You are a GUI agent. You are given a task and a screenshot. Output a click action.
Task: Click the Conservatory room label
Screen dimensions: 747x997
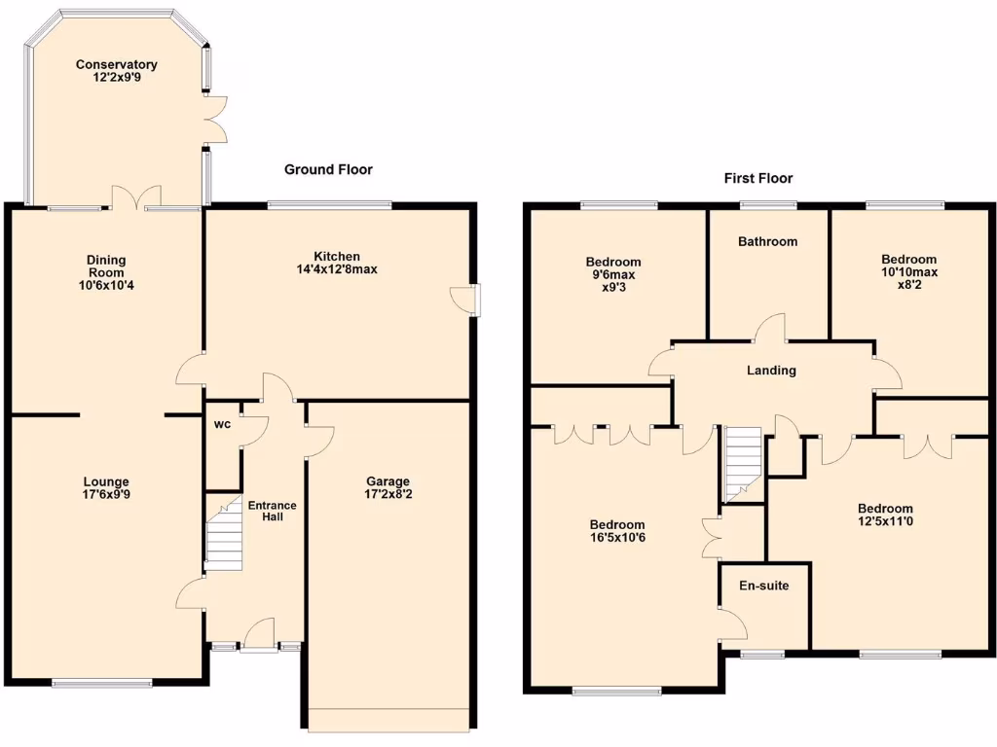[x=117, y=72]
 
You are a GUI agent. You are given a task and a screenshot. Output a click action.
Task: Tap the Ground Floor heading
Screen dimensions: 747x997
[x=328, y=169]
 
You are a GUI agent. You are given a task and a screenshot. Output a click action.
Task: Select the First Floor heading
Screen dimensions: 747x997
[x=758, y=178]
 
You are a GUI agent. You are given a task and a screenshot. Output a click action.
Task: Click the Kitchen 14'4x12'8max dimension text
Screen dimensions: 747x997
[x=337, y=269]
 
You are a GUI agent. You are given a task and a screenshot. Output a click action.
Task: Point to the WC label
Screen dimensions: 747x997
[x=221, y=424]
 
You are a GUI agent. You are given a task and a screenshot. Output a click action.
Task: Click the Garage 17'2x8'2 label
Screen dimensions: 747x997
[x=388, y=488]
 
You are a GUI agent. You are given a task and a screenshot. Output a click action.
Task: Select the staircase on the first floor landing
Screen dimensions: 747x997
[x=741, y=464]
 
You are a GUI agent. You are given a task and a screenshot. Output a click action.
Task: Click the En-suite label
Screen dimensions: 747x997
[x=764, y=586]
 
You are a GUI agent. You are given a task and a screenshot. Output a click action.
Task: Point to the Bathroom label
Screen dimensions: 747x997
[x=767, y=241]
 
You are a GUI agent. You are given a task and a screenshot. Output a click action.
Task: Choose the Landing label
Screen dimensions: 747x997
[x=771, y=370]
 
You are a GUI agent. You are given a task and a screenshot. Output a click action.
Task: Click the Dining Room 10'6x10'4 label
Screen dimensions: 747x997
[x=106, y=273]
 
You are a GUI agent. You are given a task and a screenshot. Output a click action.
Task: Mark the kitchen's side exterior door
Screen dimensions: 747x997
[x=472, y=300]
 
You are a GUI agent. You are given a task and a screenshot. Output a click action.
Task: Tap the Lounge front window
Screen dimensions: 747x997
[x=102, y=683]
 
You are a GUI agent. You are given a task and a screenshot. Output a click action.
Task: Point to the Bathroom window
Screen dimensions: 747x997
[x=767, y=205]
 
